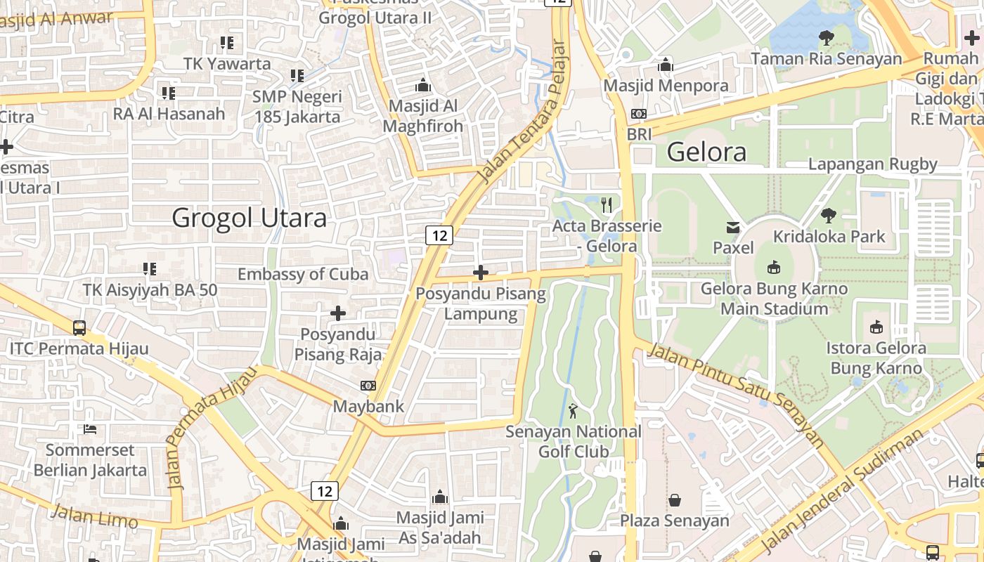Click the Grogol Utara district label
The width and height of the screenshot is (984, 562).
click(249, 218)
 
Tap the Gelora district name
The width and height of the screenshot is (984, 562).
click(706, 152)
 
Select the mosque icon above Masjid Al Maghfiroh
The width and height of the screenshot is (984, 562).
click(423, 85)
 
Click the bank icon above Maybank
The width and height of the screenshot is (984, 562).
click(368, 386)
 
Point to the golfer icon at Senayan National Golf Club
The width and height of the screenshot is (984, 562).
click(574, 410)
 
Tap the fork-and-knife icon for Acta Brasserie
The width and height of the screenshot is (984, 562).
click(607, 205)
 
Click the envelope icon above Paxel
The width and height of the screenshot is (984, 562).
click(733, 227)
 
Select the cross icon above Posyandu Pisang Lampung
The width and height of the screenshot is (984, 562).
click(481, 272)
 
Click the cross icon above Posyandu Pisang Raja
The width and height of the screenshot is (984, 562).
click(338, 313)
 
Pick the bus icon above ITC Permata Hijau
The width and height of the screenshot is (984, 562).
click(79, 327)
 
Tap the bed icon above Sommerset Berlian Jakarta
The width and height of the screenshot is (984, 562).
click(90, 429)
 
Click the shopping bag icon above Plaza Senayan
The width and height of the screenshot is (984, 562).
click(675, 500)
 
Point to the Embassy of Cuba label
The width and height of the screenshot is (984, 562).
click(303, 274)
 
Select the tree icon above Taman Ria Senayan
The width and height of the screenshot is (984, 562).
click(827, 38)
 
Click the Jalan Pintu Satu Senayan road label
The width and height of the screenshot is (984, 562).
click(737, 394)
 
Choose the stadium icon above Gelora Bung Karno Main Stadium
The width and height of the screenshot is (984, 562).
click(774, 267)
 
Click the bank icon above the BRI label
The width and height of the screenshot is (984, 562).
click(639, 113)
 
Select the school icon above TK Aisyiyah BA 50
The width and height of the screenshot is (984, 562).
click(150, 268)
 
